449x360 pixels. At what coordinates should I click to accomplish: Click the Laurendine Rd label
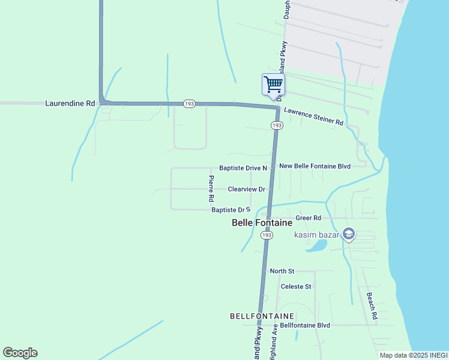click(x=70, y=103)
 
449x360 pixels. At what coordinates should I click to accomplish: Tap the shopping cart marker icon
click(x=273, y=84)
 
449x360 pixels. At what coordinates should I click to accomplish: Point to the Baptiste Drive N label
click(x=243, y=168)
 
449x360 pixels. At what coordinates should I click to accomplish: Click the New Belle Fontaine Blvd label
click(x=315, y=166)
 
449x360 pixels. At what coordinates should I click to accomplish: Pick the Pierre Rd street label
click(x=211, y=188)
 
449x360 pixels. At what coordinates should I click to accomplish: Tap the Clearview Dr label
click(x=247, y=189)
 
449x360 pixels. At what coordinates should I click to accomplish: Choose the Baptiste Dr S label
click(x=231, y=210)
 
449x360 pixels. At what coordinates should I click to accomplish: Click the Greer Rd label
click(x=309, y=218)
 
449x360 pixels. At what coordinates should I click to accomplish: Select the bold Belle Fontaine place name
click(x=262, y=223)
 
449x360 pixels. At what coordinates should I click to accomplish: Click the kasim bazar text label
click(x=316, y=234)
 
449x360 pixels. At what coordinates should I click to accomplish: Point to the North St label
click(x=282, y=271)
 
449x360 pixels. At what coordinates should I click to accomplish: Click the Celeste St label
click(x=297, y=286)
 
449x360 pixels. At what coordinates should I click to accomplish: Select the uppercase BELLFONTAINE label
click(x=262, y=316)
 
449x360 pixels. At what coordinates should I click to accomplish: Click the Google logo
click(x=20, y=353)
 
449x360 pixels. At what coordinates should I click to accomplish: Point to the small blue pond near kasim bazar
click(x=317, y=245)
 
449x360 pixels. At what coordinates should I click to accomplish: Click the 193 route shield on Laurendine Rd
click(x=190, y=104)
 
